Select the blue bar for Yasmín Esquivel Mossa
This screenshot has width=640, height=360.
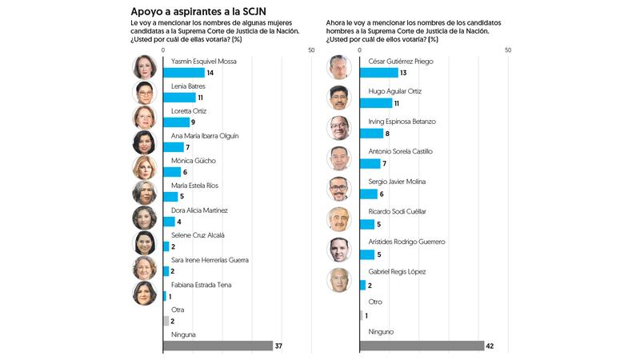(183, 73)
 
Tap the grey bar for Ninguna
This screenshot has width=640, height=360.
(218, 346)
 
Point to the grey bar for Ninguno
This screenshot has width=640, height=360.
(422, 346)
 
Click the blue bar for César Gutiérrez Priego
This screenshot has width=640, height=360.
(378, 73)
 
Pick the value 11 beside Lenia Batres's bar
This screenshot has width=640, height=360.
(202, 98)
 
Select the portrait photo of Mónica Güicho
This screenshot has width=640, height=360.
(144, 167)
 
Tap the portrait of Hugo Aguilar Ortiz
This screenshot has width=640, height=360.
(339, 97)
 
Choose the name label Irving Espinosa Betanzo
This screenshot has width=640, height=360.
(402, 122)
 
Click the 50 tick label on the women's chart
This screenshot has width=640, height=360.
(310, 50)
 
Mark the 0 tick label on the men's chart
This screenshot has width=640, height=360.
(359, 50)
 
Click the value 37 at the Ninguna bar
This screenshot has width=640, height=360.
(279, 346)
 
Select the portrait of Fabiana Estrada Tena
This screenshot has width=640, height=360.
(144, 292)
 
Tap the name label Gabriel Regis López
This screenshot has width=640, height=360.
(396, 272)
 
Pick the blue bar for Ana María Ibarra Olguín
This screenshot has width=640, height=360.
(174, 147)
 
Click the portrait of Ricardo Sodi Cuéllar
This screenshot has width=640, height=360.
(339, 218)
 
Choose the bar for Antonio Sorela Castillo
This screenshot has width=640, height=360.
(370, 163)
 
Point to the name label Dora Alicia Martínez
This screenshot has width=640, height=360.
(199, 210)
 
